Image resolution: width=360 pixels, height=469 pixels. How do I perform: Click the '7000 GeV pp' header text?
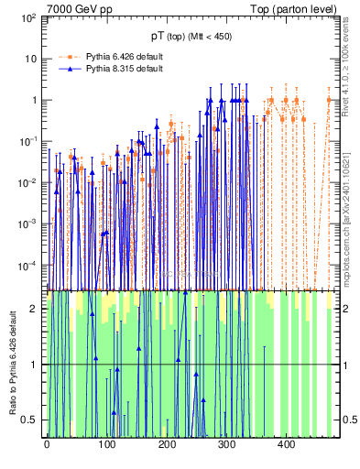pos(80,9)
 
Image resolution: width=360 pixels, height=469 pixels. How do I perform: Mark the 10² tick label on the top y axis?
pos(28,17)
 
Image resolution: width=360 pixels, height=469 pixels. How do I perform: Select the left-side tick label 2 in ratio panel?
pos(36,309)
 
